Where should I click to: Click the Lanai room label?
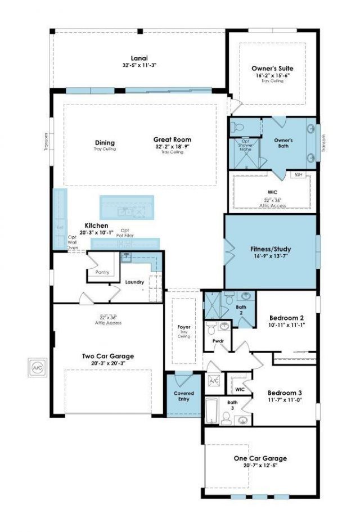point(139,57)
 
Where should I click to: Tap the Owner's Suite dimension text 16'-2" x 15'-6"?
point(272,75)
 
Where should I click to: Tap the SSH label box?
point(299,175)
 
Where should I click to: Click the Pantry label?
point(102,272)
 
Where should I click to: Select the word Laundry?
point(135,282)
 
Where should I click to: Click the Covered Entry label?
point(183,396)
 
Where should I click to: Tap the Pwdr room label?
point(218,341)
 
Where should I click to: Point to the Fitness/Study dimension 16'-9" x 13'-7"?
point(271,256)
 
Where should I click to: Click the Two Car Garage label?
point(107,356)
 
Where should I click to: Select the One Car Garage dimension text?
point(260,466)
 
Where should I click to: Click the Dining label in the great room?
point(105,143)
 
